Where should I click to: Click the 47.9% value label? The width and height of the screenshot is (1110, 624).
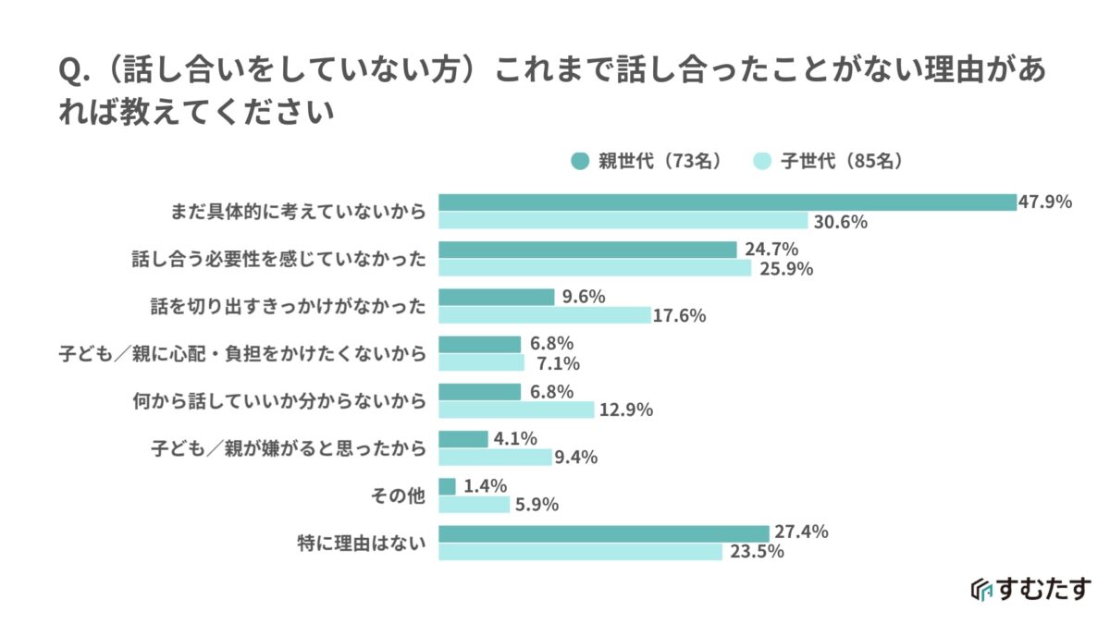pos(1045,202)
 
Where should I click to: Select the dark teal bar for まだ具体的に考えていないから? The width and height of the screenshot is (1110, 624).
pos(727,202)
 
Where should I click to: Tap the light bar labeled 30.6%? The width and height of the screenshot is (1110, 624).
pos(623,221)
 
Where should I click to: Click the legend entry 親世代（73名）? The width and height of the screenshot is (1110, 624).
pos(647,160)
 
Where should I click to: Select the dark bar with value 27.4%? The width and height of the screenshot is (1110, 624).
pos(603,533)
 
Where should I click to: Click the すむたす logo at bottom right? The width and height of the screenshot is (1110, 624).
pos(1031,589)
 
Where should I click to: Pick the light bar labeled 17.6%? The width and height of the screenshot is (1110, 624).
pos(544,315)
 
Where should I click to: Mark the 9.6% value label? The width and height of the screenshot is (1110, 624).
pos(584,297)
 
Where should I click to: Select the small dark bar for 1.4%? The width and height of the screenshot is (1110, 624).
pos(447,486)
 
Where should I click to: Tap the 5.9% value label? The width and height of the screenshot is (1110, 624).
pos(541,505)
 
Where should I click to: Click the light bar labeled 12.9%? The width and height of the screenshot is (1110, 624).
pos(515,410)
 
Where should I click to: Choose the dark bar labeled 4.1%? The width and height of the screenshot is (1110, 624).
pos(462,439)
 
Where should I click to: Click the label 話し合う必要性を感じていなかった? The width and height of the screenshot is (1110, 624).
pos(279,259)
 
